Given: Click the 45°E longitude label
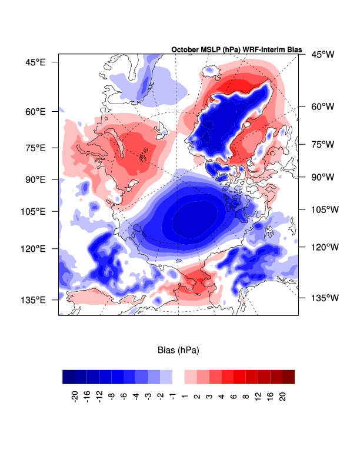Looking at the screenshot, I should coord(35,61).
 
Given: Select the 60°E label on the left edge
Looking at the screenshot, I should coord(35,111).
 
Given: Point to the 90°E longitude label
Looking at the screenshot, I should coord(35,179).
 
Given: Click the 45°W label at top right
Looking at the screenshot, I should coord(323,55).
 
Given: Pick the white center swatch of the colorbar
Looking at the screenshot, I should coord(179,377).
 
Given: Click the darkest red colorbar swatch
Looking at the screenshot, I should coord(288,377).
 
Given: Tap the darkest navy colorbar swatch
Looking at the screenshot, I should coord(69,377).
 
